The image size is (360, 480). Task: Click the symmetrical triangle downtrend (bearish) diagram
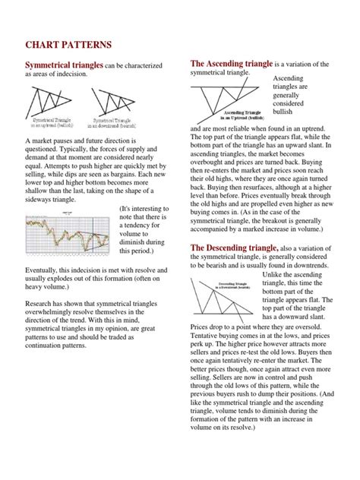113,102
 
